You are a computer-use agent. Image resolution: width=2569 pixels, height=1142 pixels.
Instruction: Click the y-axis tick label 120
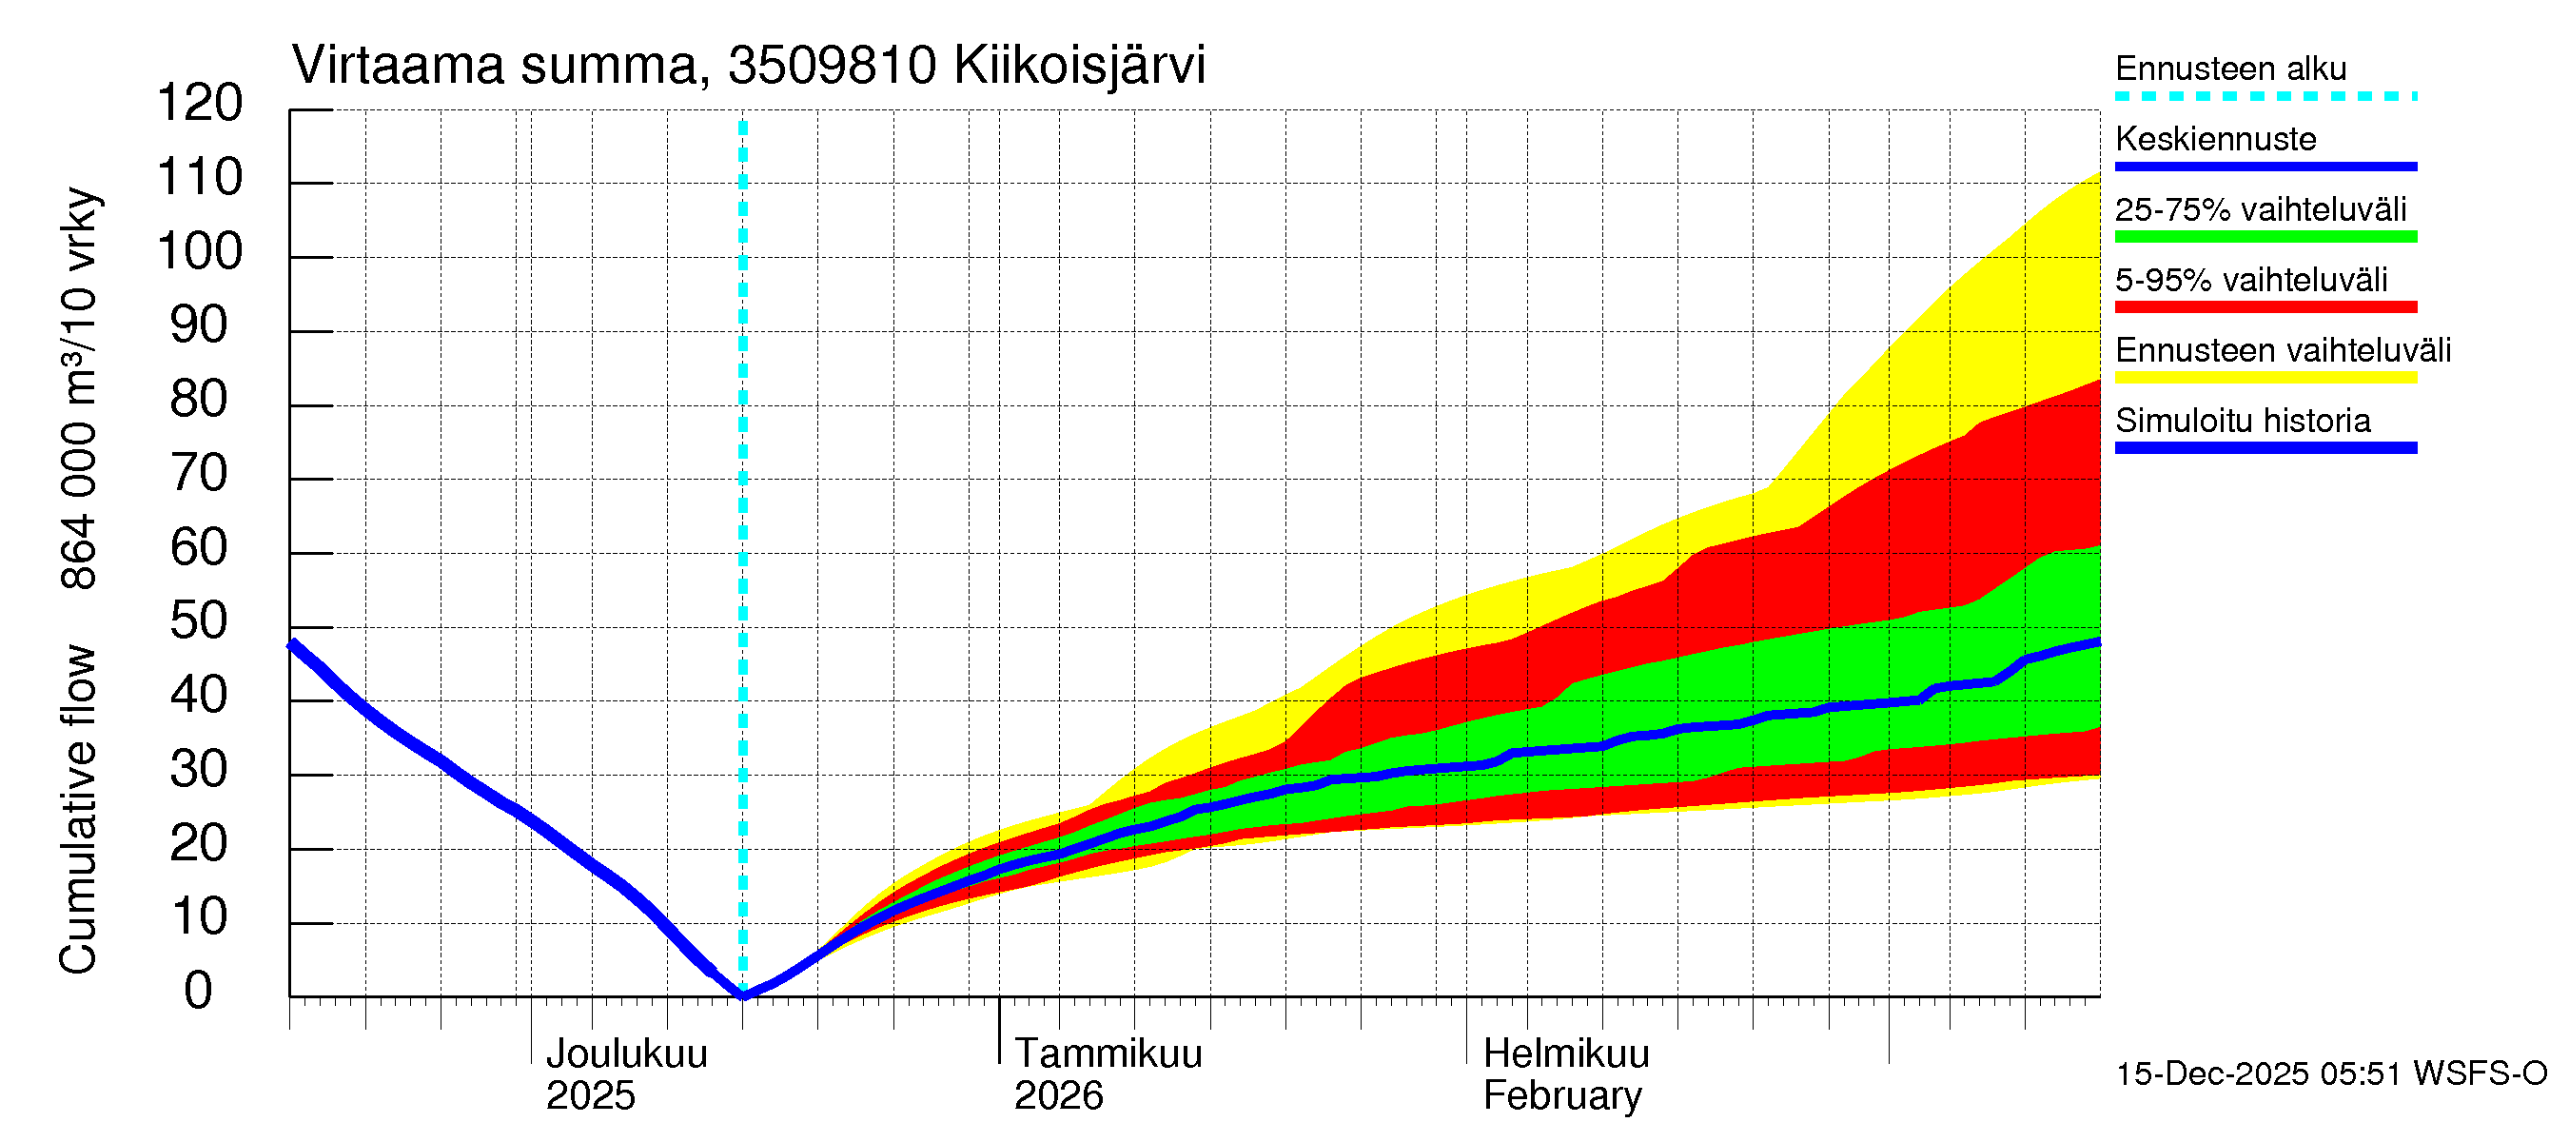tap(200, 104)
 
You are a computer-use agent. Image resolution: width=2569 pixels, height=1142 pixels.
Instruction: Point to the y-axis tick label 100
tap(200, 251)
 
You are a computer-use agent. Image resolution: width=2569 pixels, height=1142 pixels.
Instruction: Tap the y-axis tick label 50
tap(200, 621)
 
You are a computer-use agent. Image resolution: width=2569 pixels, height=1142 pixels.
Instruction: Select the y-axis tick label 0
tap(199, 991)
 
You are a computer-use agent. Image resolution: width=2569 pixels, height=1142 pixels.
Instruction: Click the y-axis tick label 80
tap(200, 399)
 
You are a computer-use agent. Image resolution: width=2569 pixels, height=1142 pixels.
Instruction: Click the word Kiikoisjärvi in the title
tap(1079, 66)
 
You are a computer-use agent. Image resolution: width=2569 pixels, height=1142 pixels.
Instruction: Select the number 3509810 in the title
tap(832, 66)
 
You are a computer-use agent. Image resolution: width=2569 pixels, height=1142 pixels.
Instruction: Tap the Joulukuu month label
tap(626, 1054)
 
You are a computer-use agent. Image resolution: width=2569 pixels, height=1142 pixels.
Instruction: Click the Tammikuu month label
tap(1108, 1054)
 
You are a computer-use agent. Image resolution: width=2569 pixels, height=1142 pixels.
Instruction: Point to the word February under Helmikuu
tap(1561, 1096)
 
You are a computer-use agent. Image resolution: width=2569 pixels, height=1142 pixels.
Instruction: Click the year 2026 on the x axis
tap(1058, 1096)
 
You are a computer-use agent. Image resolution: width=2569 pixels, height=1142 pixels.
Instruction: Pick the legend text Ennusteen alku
tap(2231, 69)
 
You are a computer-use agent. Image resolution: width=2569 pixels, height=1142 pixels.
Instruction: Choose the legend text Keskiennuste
tap(2215, 139)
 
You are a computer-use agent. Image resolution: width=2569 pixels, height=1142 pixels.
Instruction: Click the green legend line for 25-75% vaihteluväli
tap(2265, 237)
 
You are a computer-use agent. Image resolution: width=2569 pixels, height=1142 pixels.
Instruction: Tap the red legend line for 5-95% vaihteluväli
tap(2265, 307)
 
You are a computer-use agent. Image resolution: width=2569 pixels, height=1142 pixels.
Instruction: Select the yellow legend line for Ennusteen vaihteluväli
tap(2265, 378)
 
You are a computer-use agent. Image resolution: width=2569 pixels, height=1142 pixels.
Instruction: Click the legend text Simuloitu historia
tap(2243, 421)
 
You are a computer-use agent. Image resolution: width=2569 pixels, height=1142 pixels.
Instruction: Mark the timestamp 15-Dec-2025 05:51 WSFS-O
tap(2330, 1074)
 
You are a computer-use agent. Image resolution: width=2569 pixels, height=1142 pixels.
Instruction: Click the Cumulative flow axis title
tap(78, 809)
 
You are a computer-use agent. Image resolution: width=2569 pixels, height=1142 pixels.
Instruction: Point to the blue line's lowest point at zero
tap(743, 994)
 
